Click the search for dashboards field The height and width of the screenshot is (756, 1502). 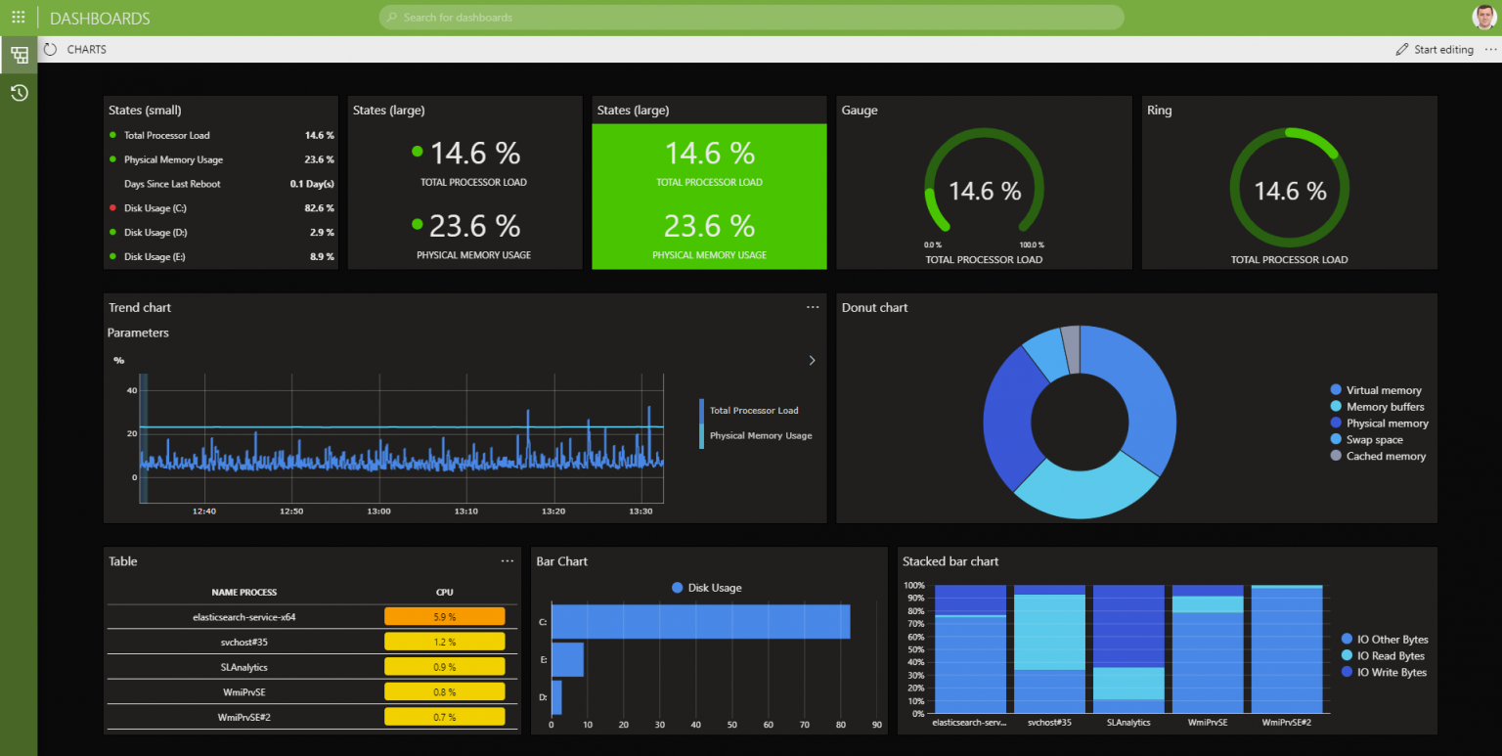(x=750, y=18)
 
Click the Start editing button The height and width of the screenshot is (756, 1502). (x=1435, y=50)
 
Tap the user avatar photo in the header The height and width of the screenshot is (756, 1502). (x=1483, y=18)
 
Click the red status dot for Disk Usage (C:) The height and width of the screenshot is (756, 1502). (x=113, y=208)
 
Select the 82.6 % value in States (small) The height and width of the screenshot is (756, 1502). (x=319, y=208)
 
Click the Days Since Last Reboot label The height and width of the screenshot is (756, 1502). (x=172, y=184)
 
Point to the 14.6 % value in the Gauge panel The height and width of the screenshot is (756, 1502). (x=984, y=191)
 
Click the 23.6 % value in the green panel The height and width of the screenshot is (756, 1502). (x=709, y=226)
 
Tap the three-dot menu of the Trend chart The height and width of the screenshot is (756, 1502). (x=813, y=307)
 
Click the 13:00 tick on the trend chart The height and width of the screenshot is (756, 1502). (x=378, y=511)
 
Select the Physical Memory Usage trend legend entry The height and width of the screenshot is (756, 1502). (x=761, y=435)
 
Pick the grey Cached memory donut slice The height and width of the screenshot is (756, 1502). (x=1071, y=349)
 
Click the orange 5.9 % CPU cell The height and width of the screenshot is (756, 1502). (x=445, y=617)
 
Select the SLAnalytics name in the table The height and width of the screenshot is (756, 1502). (x=243, y=667)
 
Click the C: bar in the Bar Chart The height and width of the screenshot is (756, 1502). (x=700, y=622)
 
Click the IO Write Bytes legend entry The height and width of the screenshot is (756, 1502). (x=1392, y=672)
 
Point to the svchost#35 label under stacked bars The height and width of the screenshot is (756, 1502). (x=1050, y=723)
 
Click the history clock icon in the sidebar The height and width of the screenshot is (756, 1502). (x=19, y=93)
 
